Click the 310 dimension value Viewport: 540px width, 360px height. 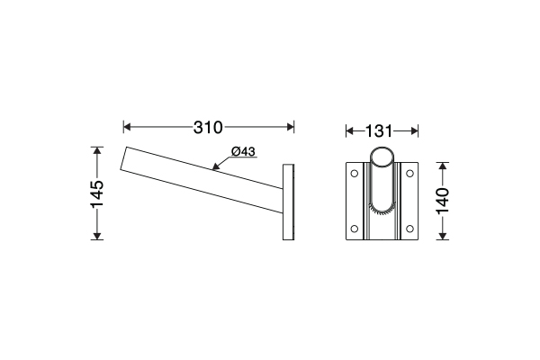click(208, 128)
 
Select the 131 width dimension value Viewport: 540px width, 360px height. click(379, 131)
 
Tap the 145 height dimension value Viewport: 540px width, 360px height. click(97, 194)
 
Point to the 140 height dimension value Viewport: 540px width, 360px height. click(443, 201)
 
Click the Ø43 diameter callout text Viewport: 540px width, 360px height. click(244, 151)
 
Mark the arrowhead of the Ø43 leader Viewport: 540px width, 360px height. click(216, 167)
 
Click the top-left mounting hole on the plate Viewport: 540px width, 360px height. click(355, 174)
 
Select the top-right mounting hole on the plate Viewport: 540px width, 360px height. click(409, 174)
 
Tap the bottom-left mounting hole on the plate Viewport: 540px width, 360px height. click(355, 229)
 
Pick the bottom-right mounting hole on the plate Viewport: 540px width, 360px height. click(409, 229)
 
